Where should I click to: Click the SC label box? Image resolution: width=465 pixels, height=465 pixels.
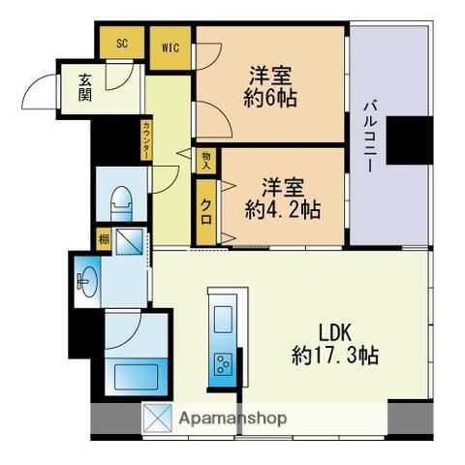tap(122, 44)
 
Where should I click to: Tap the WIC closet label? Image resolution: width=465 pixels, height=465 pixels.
tap(170, 44)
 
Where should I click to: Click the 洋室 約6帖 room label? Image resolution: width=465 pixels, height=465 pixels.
tap(272, 86)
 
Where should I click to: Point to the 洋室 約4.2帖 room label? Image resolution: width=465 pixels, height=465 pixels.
tap(282, 197)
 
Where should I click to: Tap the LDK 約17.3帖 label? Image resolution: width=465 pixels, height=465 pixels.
tap(335, 342)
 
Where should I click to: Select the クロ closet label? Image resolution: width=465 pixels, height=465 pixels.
tap(207, 206)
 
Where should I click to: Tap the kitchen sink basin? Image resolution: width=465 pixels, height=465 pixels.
tap(223, 318)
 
